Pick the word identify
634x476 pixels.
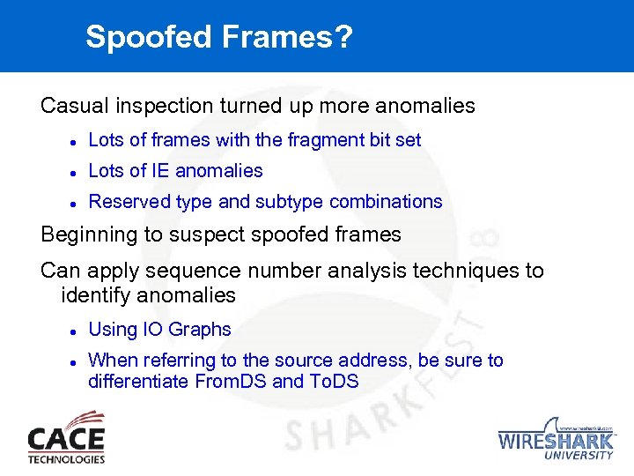click(x=95, y=294)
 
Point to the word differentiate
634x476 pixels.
click(x=137, y=382)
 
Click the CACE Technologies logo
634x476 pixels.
click(x=66, y=437)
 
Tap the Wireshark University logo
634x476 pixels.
click(x=556, y=438)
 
